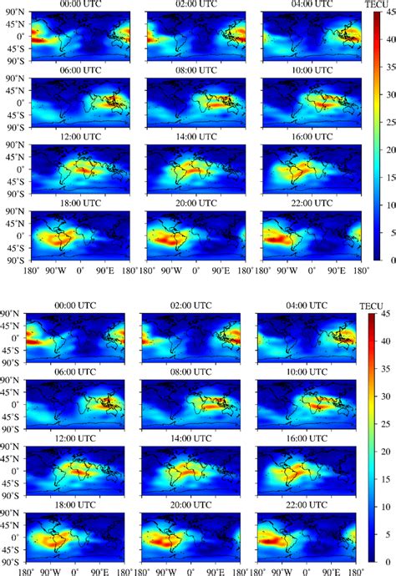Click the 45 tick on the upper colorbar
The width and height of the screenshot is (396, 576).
tap(386, 15)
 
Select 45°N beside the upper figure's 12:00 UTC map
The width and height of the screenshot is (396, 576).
tap(15, 156)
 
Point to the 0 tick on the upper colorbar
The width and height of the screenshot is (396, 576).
tap(383, 260)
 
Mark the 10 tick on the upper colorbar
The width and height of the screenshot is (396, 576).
tap(385, 206)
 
